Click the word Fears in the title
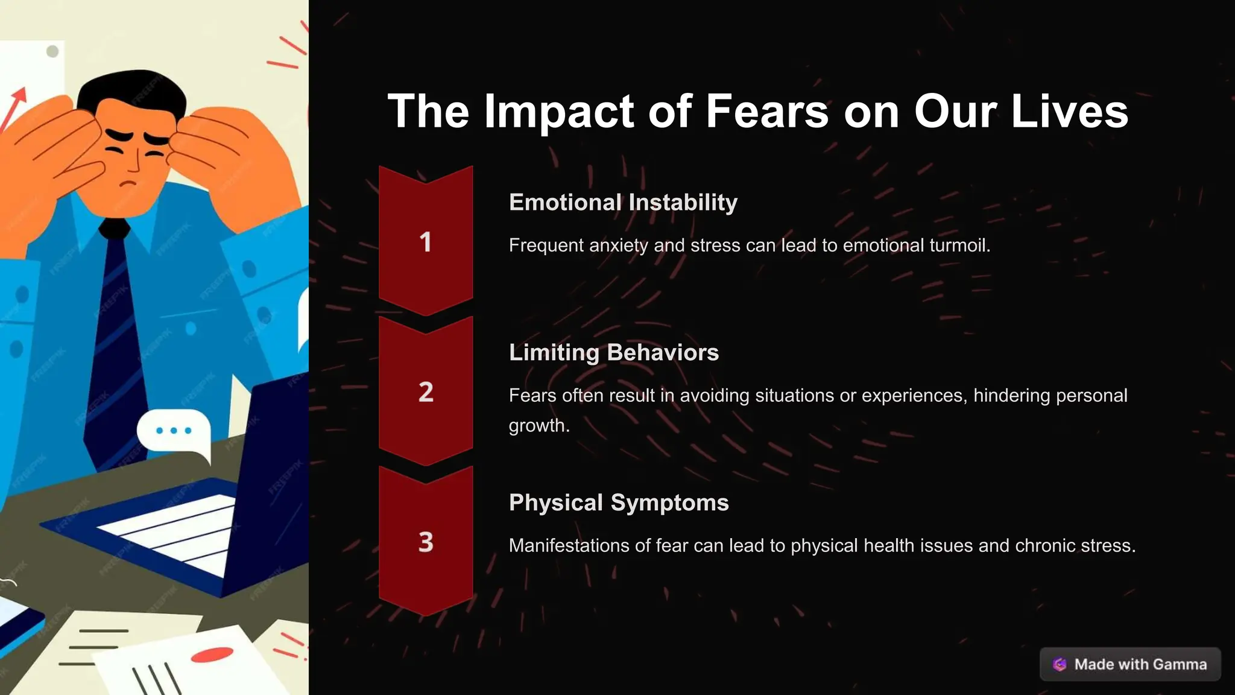pyautogui.click(x=767, y=112)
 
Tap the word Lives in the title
pyautogui.click(x=1069, y=112)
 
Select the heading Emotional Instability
pyautogui.click(x=623, y=203)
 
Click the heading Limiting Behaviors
pyautogui.click(x=613, y=352)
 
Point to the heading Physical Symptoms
pyautogui.click(x=619, y=503)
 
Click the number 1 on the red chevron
pyautogui.click(x=426, y=243)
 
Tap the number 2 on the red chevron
pyautogui.click(x=426, y=392)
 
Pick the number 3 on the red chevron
pyautogui.click(x=426, y=542)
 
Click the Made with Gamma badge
pyautogui.click(x=1130, y=664)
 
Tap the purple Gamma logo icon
pyautogui.click(x=1060, y=664)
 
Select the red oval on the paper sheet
pyautogui.click(x=212, y=655)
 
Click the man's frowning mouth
pyautogui.click(x=128, y=183)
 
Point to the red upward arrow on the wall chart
pyautogui.click(x=16, y=106)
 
